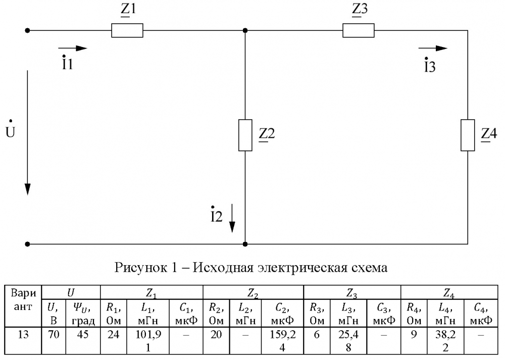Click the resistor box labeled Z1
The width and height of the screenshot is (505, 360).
[x=127, y=31]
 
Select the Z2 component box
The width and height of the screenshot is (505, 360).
[x=245, y=135]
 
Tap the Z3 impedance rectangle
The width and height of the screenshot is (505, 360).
[x=359, y=31]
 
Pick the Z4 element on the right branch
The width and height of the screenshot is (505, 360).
[x=468, y=135]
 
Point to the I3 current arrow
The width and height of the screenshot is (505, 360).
[x=433, y=48]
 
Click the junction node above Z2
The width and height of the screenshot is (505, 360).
[x=245, y=31]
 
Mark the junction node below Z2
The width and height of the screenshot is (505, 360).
[x=245, y=244]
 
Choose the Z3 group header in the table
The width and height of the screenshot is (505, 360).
[x=352, y=292]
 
